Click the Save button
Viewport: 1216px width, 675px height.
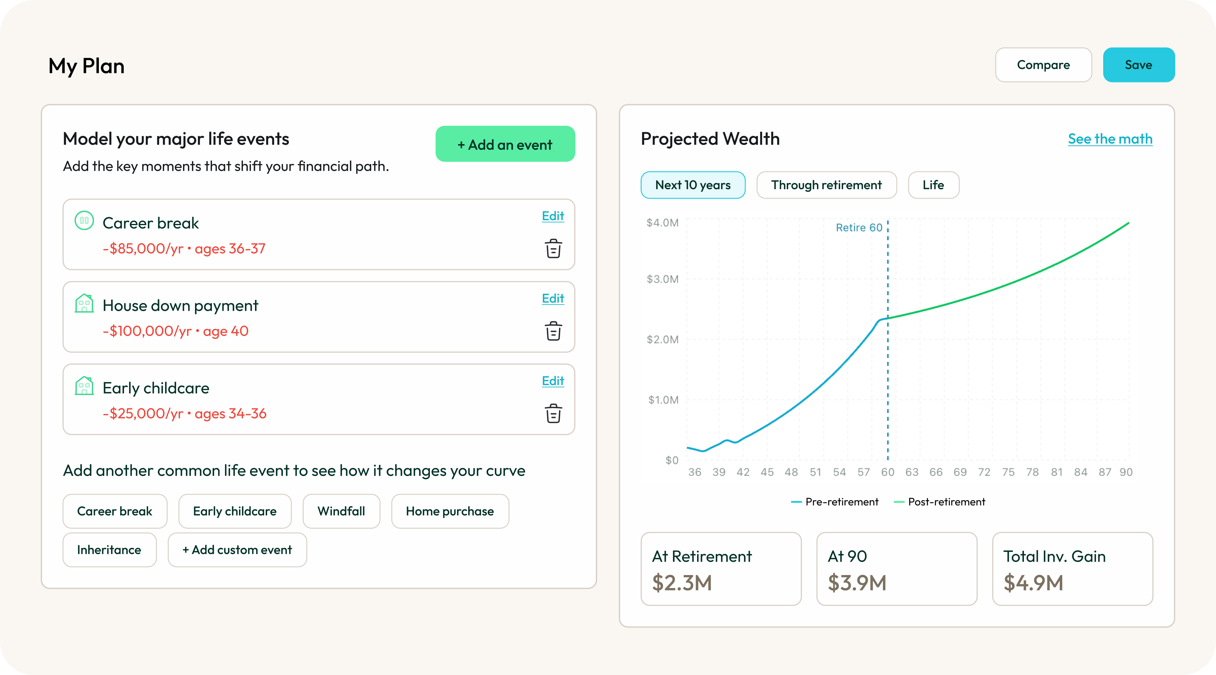click(x=1138, y=65)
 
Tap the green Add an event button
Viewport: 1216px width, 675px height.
click(x=505, y=144)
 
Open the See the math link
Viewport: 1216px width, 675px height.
click(x=1110, y=139)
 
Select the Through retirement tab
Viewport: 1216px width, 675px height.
click(x=826, y=185)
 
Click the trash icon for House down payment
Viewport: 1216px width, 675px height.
click(x=553, y=331)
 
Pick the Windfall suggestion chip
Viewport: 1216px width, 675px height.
click(x=341, y=511)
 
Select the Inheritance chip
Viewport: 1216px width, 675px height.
click(x=109, y=550)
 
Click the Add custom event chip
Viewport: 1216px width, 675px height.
click(x=237, y=550)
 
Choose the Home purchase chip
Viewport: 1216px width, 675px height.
click(x=449, y=511)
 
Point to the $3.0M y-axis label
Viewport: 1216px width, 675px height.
click(x=662, y=279)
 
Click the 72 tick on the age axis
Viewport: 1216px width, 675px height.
click(x=984, y=472)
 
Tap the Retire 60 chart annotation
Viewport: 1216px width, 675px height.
click(x=859, y=228)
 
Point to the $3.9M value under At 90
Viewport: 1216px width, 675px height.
click(x=857, y=583)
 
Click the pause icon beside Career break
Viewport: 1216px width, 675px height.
click(x=84, y=221)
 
